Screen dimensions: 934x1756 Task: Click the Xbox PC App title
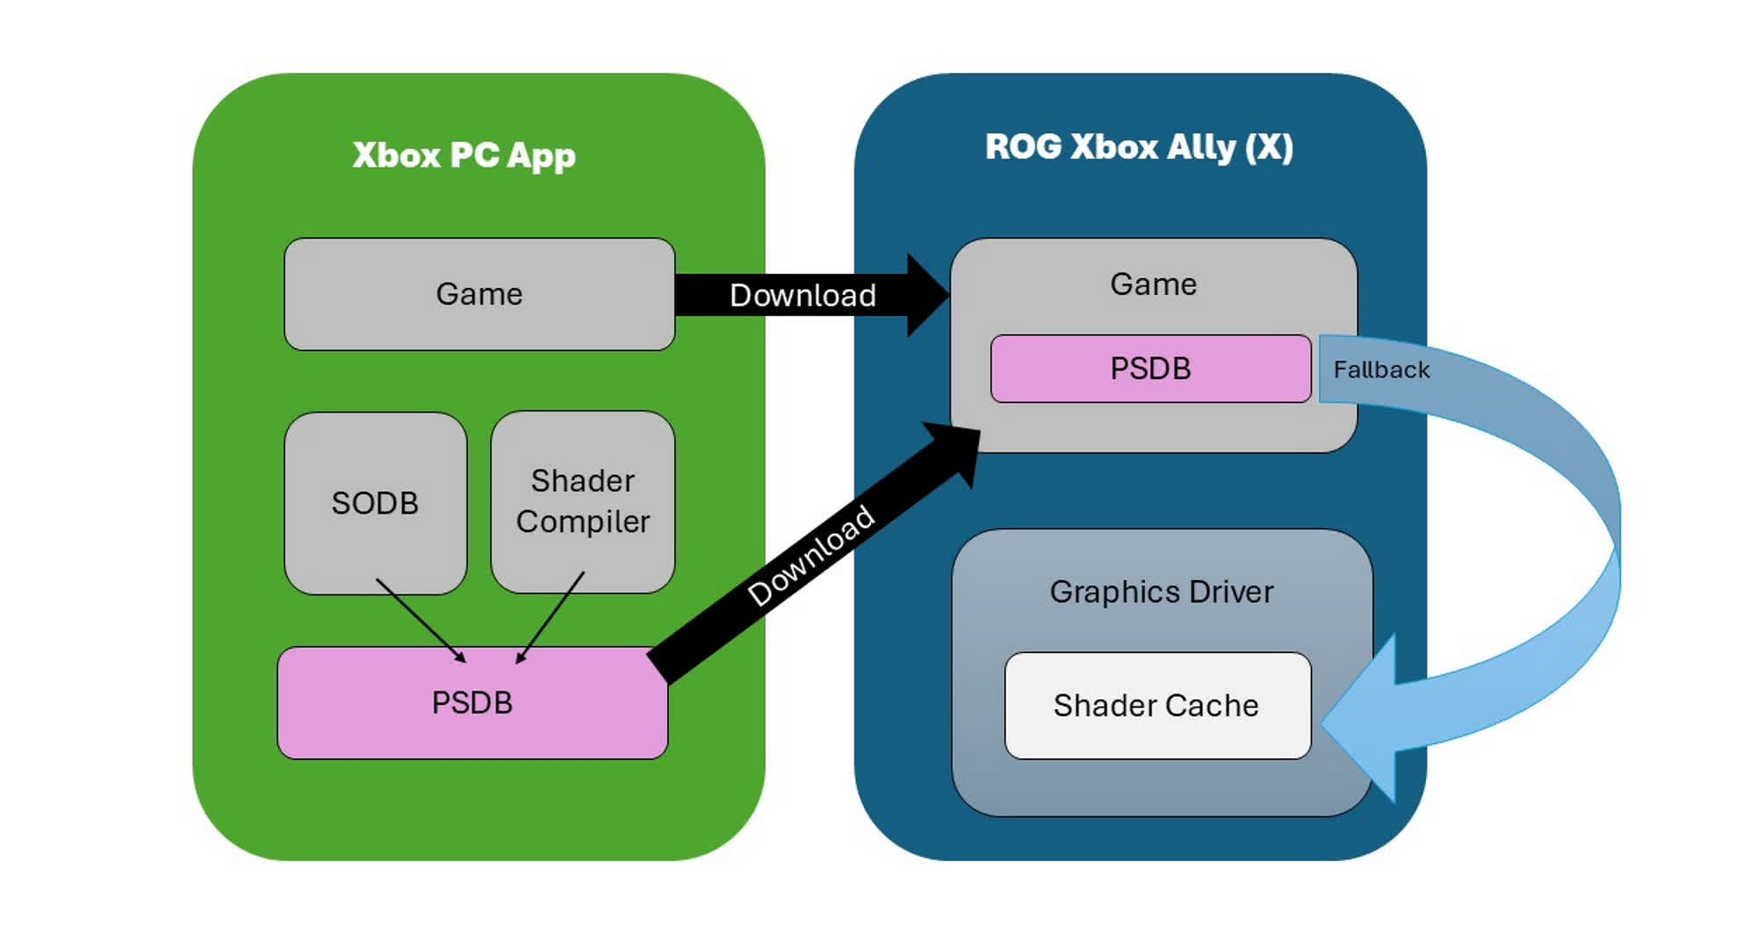coord(464,155)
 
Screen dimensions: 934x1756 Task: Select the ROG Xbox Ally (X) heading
coord(1139,147)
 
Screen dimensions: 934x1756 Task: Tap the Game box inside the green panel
coord(479,294)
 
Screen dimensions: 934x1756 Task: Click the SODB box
coord(375,503)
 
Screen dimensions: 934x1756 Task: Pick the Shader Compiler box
coord(583,501)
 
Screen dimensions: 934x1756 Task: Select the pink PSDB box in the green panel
coord(472,702)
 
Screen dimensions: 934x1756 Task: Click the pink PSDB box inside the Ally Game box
coord(1150,369)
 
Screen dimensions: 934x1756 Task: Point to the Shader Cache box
coord(1156,706)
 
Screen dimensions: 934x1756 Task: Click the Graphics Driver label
coord(1161,592)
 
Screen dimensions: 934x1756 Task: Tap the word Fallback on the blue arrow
coord(1381,370)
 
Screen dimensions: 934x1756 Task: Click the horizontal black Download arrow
coord(802,295)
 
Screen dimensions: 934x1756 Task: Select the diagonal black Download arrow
coord(812,556)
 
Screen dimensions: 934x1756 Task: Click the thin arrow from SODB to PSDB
coord(420,619)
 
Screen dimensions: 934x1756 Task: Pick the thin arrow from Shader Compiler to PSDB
coord(551,617)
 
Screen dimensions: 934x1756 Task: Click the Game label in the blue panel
coord(1153,284)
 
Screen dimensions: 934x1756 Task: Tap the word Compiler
coord(583,521)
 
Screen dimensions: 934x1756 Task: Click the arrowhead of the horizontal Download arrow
coord(926,295)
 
